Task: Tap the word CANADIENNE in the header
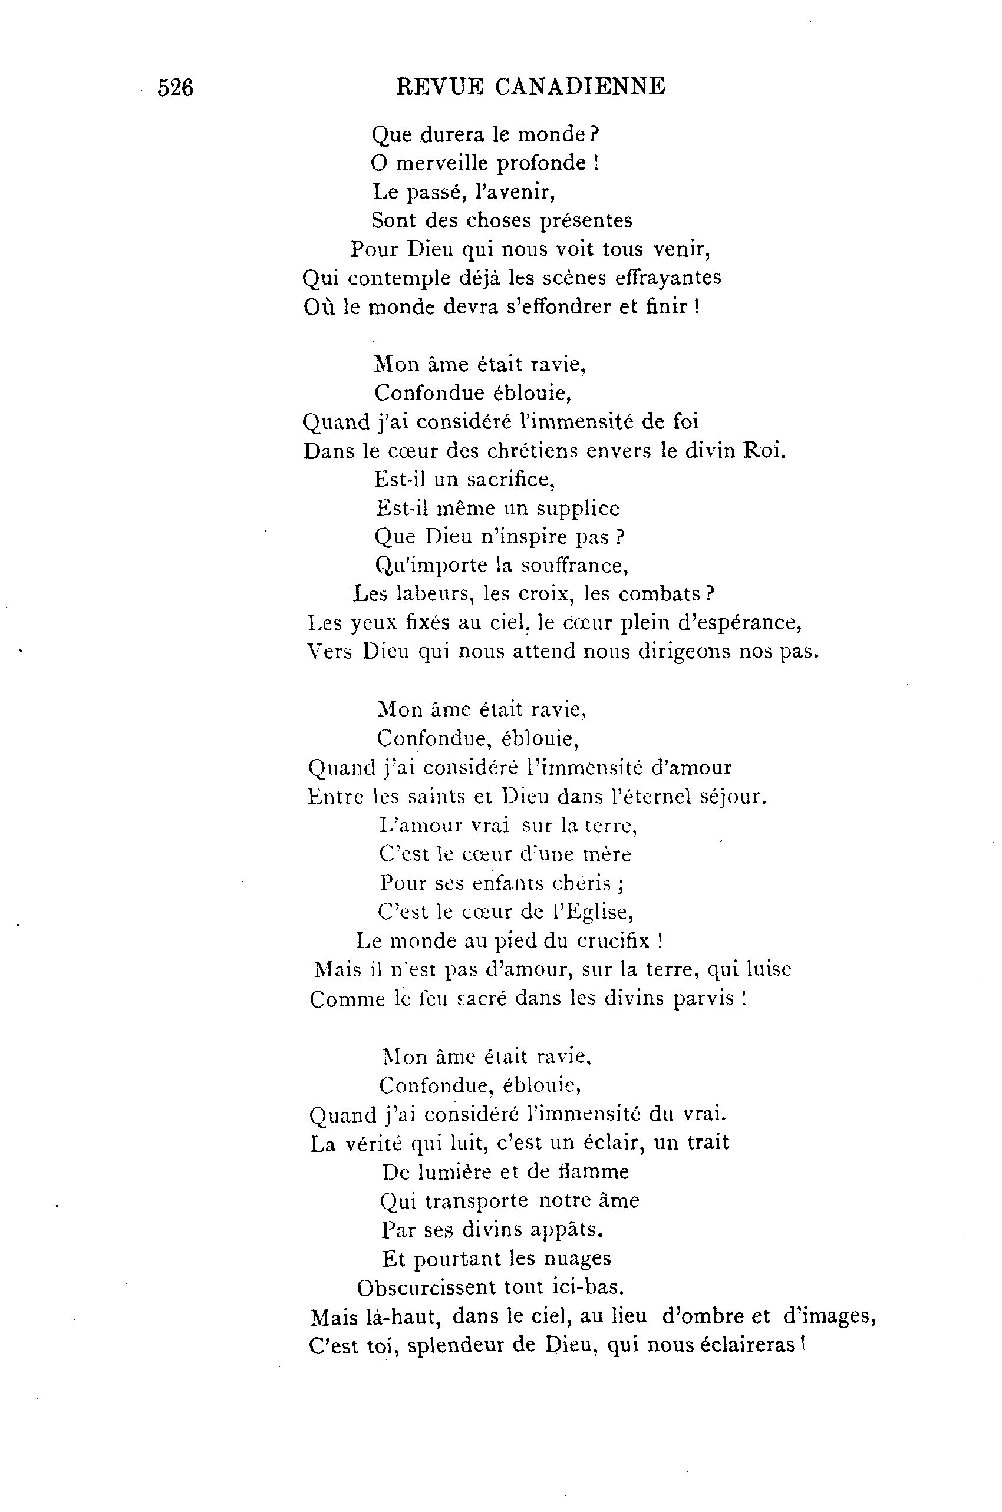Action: (x=580, y=86)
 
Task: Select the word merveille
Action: (x=443, y=164)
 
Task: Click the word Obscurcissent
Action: (x=426, y=1287)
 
